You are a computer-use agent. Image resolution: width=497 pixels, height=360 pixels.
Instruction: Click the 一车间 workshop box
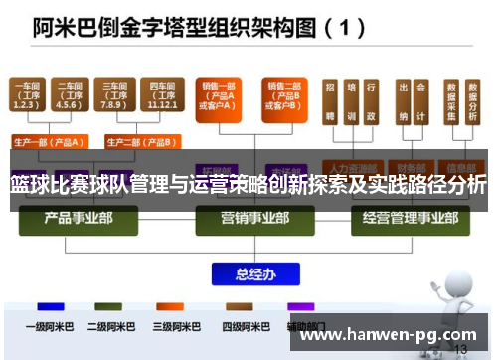(x=28, y=96)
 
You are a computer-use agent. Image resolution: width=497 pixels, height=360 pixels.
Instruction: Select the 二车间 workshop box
(x=69, y=96)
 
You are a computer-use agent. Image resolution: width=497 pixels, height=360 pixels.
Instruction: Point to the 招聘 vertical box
(x=329, y=102)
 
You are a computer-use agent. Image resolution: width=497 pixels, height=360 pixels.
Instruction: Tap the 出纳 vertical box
(x=404, y=102)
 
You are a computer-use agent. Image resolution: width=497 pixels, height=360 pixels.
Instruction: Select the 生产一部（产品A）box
(x=47, y=141)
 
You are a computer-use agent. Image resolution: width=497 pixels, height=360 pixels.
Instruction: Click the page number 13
(x=459, y=350)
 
